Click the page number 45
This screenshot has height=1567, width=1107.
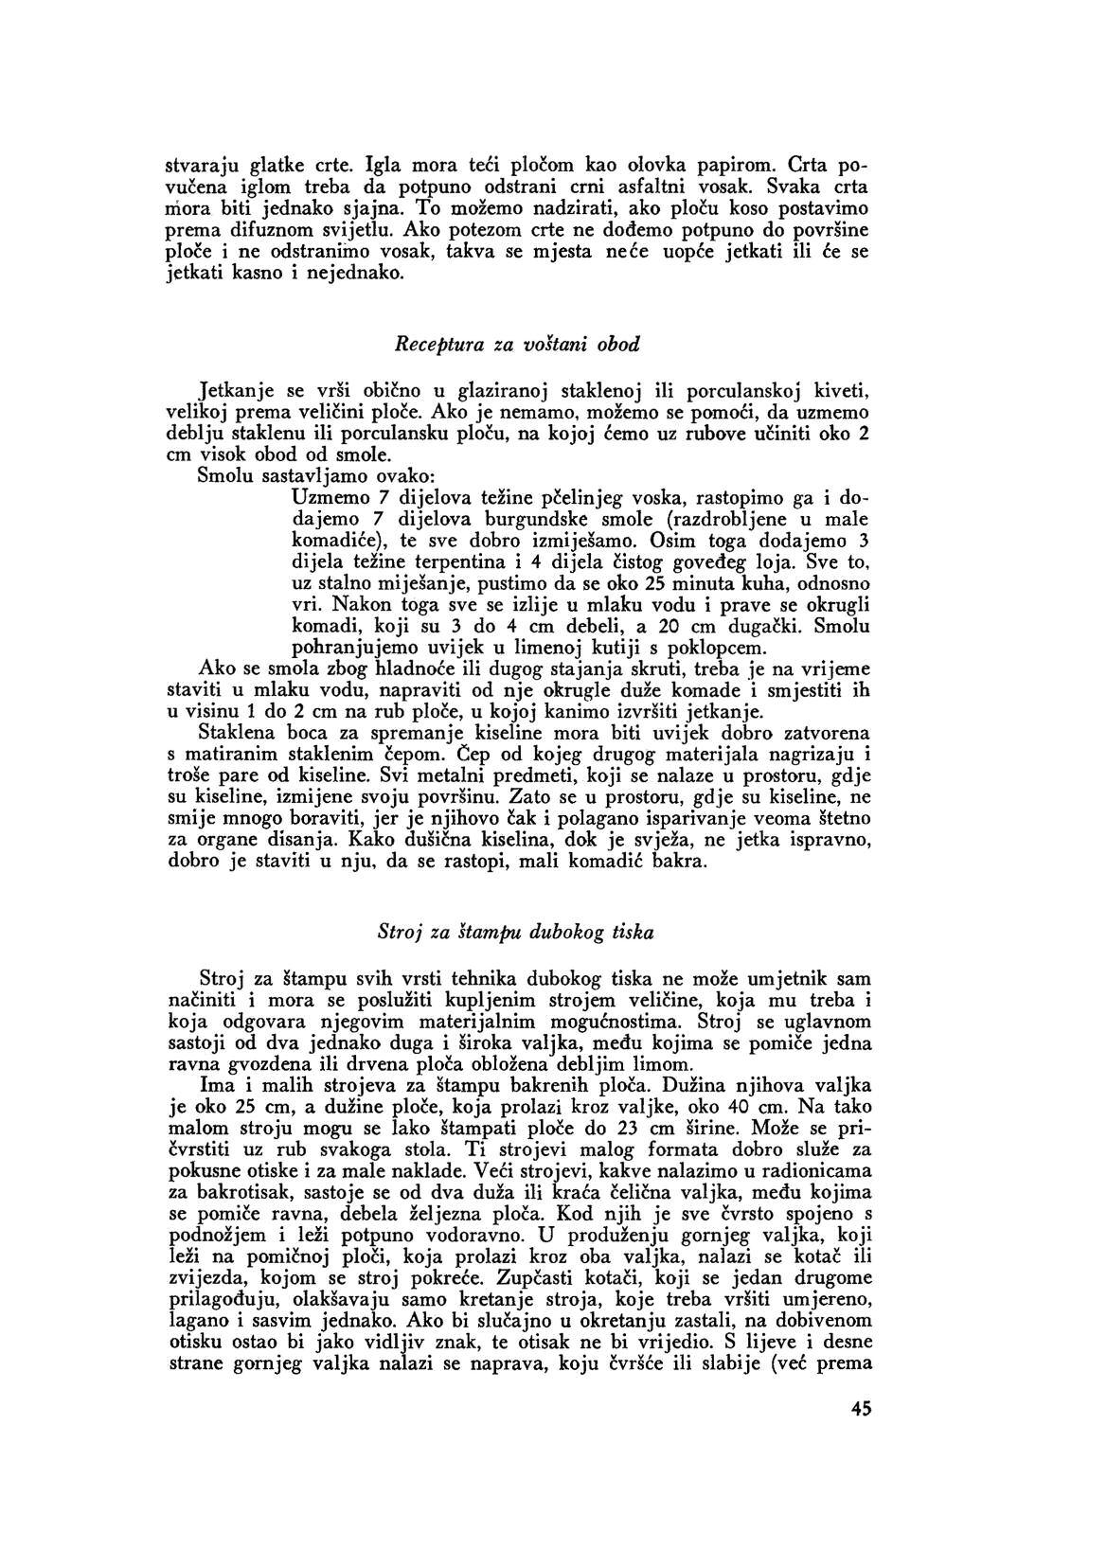pyautogui.click(x=860, y=1435)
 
